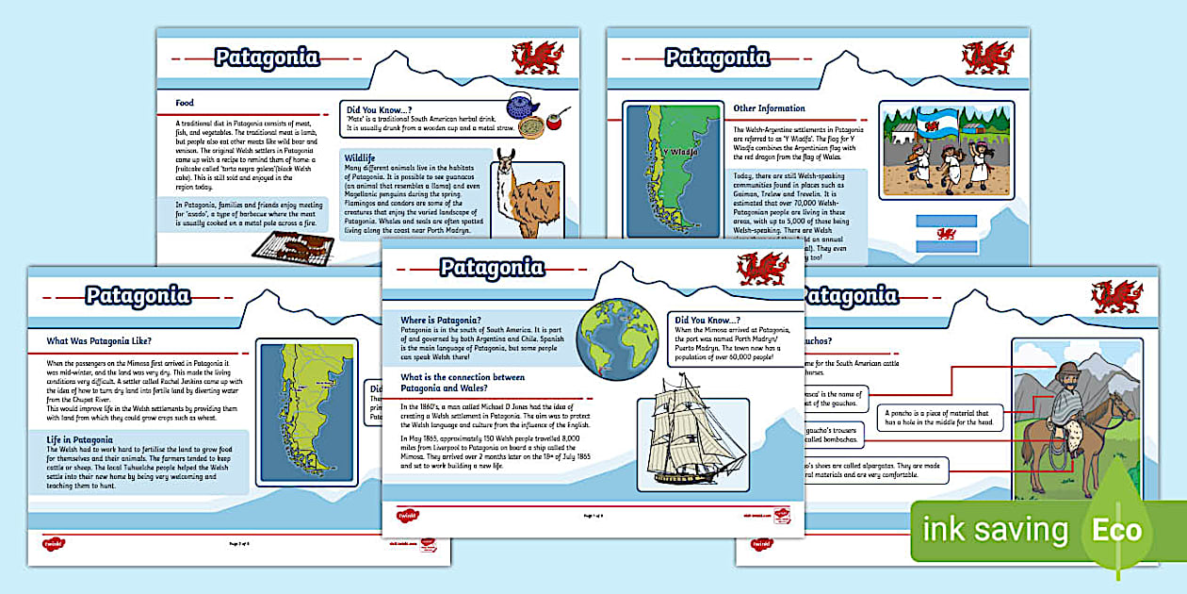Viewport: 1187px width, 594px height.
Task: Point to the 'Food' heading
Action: pos(185,103)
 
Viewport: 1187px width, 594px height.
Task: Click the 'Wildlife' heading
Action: pos(360,157)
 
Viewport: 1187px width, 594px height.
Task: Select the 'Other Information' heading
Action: pos(769,108)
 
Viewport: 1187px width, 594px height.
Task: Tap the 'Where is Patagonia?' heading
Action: pos(442,321)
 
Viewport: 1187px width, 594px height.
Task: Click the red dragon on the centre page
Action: pos(762,269)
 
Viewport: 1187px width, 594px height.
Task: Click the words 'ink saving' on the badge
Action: pos(995,530)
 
